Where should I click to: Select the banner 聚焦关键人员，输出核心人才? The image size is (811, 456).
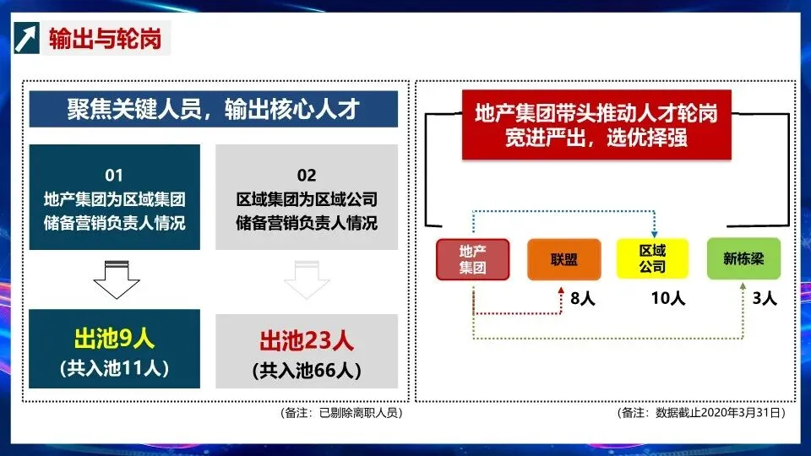tap(214, 110)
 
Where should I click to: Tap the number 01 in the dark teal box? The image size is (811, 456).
tap(114, 176)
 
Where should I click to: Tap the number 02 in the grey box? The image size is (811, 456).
tap(307, 176)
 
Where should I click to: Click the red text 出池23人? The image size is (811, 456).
tap(307, 341)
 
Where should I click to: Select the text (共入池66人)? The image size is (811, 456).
tap(307, 370)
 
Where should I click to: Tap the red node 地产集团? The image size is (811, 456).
tap(473, 259)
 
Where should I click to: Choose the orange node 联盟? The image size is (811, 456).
tap(563, 259)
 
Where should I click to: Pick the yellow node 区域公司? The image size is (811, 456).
tap(652, 259)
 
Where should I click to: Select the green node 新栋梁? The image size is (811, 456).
tap(743, 259)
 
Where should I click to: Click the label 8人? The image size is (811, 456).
tap(584, 298)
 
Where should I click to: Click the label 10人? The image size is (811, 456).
tap(667, 298)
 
